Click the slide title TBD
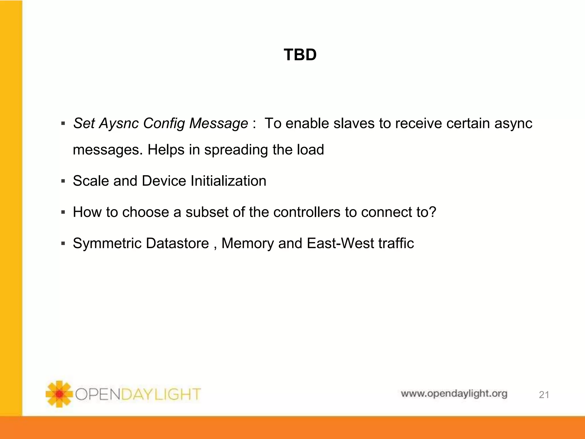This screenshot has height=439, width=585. pyautogui.click(x=300, y=55)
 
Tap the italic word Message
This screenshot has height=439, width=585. pyautogui.click(x=219, y=124)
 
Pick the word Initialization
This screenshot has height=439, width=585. pyautogui.click(x=228, y=181)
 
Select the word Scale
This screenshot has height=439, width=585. pyautogui.click(x=91, y=181)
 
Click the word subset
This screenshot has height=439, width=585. pyautogui.click(x=205, y=212)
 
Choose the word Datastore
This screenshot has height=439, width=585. pyautogui.click(x=177, y=244)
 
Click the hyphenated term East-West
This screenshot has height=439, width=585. pyautogui.click(x=340, y=244)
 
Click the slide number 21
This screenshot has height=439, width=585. pyautogui.click(x=544, y=395)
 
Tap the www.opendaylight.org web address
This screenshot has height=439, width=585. pyautogui.click(x=454, y=394)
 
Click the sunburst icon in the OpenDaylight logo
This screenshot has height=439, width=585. pyautogui.click(x=59, y=394)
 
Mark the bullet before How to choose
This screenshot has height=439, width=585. pyautogui.click(x=63, y=212)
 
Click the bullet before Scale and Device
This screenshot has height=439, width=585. pyautogui.click(x=63, y=181)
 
